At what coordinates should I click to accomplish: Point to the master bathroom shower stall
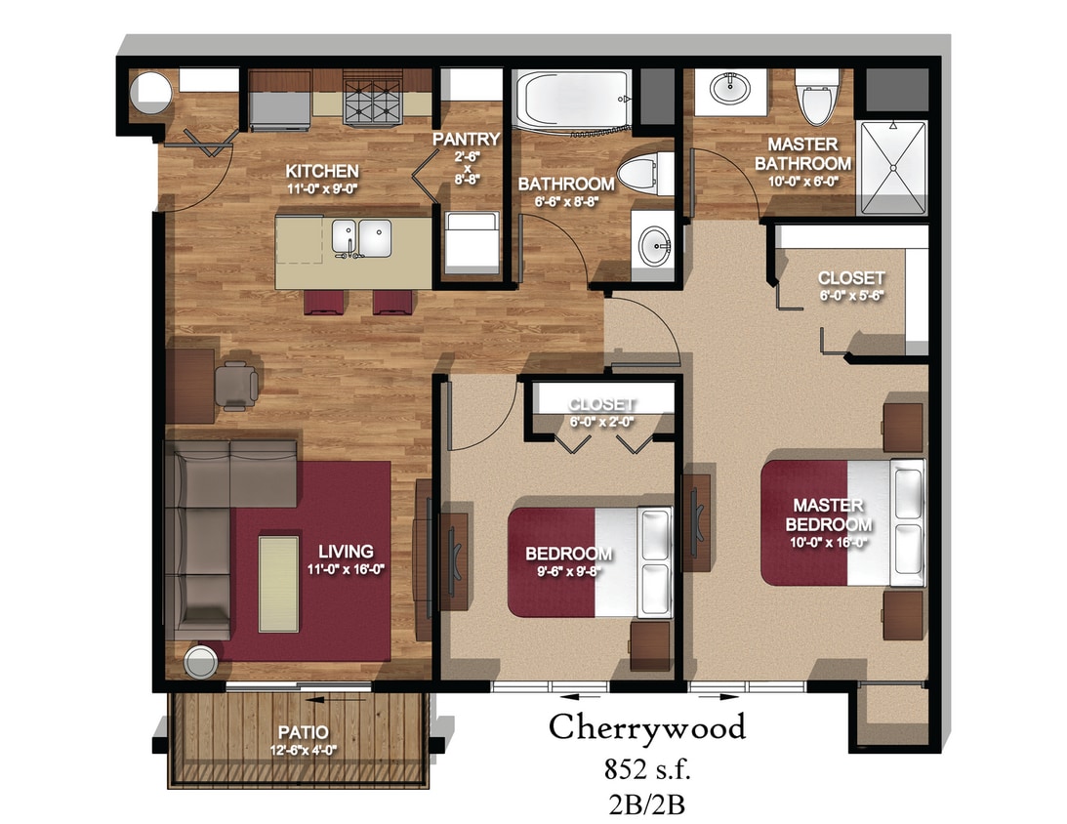(891, 166)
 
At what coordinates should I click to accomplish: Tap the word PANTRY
(468, 139)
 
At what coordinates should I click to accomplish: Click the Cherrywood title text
(646, 727)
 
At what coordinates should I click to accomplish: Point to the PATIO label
(302, 732)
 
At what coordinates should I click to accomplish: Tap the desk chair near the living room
(238, 384)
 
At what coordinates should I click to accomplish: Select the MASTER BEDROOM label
(827, 515)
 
